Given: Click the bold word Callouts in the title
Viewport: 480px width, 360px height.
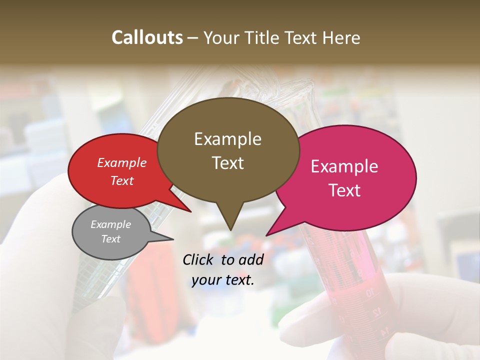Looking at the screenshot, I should [x=147, y=37].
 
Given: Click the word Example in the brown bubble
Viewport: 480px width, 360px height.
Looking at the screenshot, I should [x=227, y=139].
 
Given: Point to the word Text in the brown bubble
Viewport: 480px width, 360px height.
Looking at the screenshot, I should [x=227, y=163].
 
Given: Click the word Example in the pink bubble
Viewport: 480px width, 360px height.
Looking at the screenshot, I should [x=344, y=166].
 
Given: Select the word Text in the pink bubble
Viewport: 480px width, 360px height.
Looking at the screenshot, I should [x=344, y=190].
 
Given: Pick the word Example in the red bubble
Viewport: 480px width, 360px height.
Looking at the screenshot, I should [x=122, y=162].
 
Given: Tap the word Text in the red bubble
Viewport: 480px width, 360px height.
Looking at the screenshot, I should [x=122, y=180].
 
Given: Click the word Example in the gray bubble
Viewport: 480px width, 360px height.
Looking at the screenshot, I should [x=111, y=224].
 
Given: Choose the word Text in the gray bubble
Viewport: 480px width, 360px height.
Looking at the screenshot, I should [x=111, y=239].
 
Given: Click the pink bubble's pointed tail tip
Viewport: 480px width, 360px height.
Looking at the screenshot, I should [x=267, y=235].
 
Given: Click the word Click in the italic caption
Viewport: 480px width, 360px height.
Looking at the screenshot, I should [x=198, y=259].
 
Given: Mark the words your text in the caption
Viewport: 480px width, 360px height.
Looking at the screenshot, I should [x=222, y=280].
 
